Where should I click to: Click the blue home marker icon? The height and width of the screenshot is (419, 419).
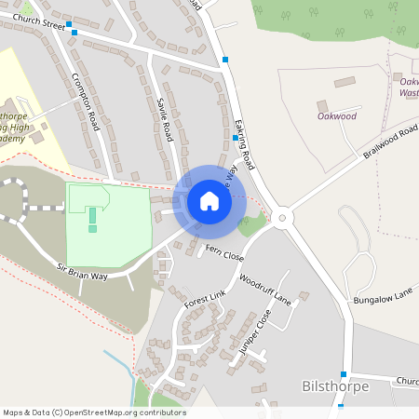209,200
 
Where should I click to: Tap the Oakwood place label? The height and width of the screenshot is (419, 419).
336,116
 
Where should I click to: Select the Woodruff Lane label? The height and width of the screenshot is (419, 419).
264,290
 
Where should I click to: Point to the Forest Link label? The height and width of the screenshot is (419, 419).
205,298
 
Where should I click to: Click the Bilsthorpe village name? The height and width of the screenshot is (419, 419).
336,385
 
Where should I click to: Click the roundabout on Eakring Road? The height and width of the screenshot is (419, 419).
283,219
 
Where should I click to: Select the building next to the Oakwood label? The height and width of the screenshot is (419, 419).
322,105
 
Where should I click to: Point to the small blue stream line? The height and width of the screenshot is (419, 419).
118,365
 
